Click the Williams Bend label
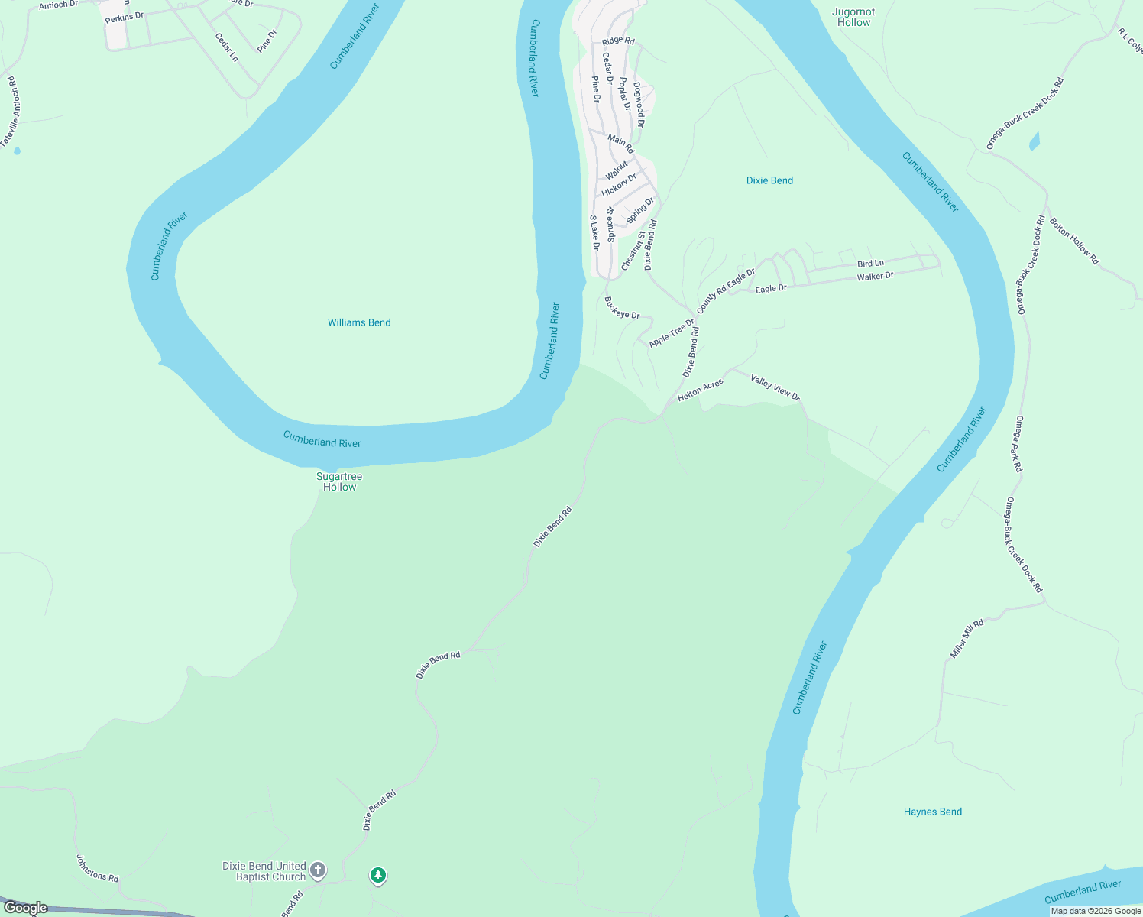tap(359, 322)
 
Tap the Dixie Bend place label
tap(769, 180)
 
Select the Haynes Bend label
tap(932, 812)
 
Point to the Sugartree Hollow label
tap(339, 481)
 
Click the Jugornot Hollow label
tap(853, 17)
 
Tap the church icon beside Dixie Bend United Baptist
tap(318, 870)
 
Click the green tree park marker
tap(377, 875)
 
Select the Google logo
tap(25, 908)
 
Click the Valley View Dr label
tap(775, 387)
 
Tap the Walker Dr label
tap(875, 277)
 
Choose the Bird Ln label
tap(870, 264)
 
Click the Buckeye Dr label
tap(622, 308)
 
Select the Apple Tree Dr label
tap(672, 333)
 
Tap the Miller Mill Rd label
tap(967, 639)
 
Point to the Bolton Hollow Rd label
tap(1073, 241)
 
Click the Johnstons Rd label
tap(97, 868)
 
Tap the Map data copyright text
tap(1096, 911)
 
